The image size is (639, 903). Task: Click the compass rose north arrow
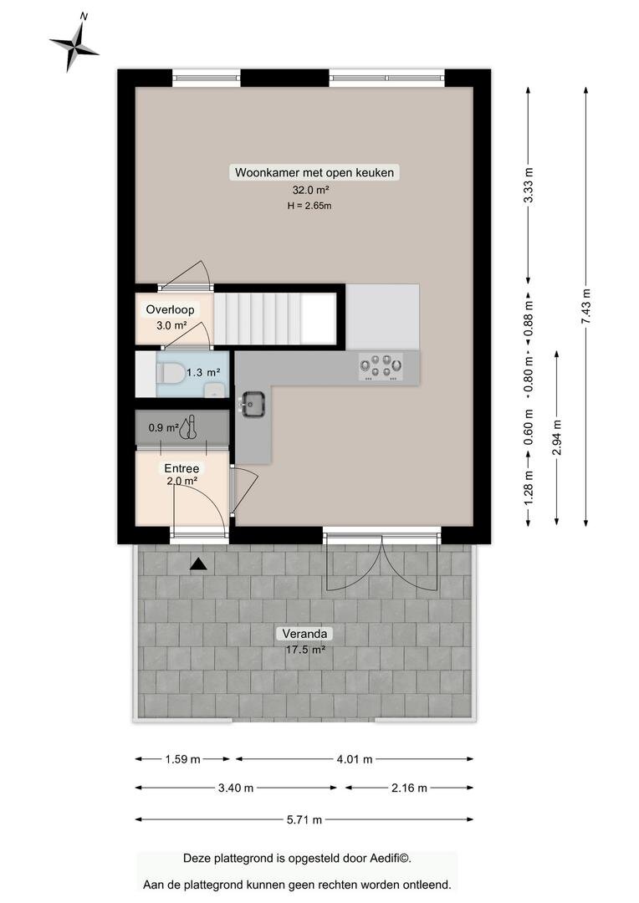pyautogui.click(x=74, y=45)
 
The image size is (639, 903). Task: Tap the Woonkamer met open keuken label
pyautogui.click(x=314, y=172)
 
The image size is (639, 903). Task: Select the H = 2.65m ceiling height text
pyautogui.click(x=309, y=206)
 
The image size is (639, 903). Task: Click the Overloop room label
pyautogui.click(x=170, y=309)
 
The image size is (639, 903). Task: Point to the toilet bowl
pyautogui.click(x=171, y=373)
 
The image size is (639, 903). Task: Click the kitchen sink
pyautogui.click(x=253, y=403)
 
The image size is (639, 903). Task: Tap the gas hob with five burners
pyautogui.click(x=381, y=365)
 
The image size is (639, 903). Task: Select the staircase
pyautogui.click(x=275, y=318)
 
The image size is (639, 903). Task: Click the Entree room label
pyautogui.click(x=181, y=469)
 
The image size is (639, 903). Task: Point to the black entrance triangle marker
pyautogui.click(x=198, y=564)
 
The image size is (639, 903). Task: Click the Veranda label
pyautogui.click(x=304, y=634)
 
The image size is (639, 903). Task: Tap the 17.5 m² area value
pyautogui.click(x=305, y=650)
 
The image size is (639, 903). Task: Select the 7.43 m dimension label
pyautogui.click(x=586, y=305)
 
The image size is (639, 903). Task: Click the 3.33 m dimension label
pyautogui.click(x=529, y=186)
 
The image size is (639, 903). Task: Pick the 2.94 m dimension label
pyautogui.click(x=556, y=436)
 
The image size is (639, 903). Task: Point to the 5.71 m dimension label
pyautogui.click(x=304, y=819)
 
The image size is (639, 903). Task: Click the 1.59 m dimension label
pyautogui.click(x=182, y=759)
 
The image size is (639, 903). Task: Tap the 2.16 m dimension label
pyautogui.click(x=409, y=788)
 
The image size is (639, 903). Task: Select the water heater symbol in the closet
pyautogui.click(x=189, y=427)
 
